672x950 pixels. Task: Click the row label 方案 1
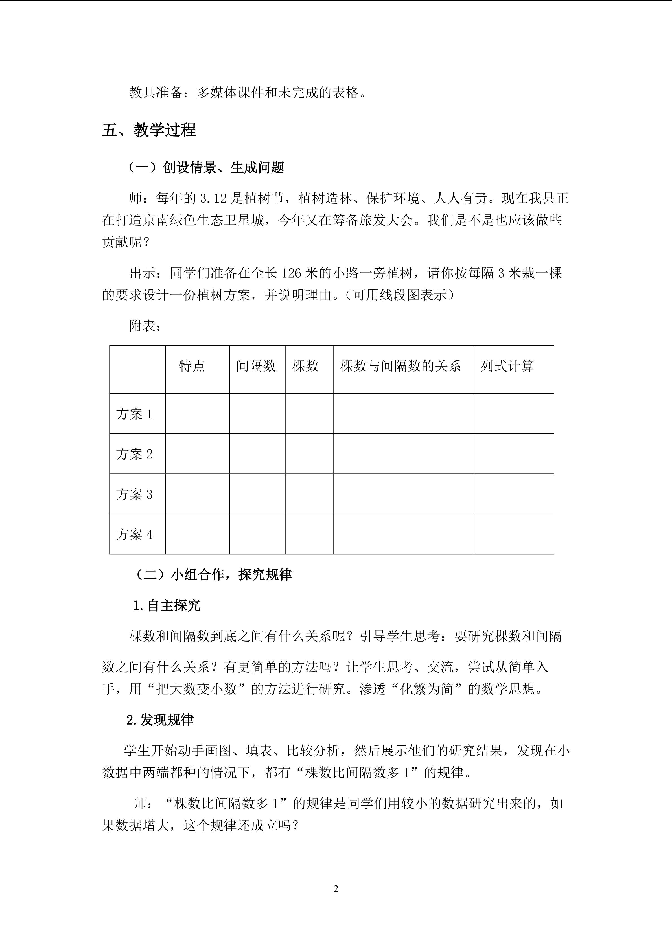(134, 414)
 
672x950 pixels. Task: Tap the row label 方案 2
(134, 454)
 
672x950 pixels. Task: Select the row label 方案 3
(134, 494)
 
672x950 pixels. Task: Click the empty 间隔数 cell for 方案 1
(257, 414)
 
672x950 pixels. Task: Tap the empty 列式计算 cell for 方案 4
(513, 534)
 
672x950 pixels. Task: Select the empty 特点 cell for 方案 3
(197, 494)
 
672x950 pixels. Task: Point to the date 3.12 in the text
(214, 199)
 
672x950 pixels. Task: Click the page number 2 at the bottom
(336, 889)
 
